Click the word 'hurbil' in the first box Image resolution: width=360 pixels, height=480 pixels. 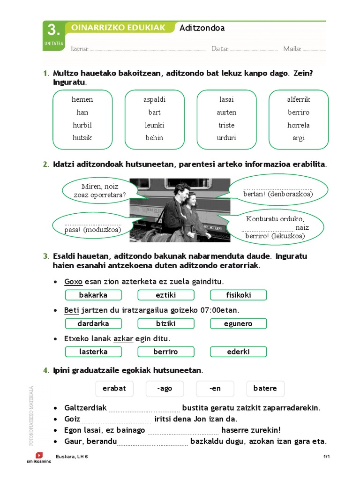tap(82, 125)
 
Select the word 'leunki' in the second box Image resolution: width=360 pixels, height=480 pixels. tap(154, 125)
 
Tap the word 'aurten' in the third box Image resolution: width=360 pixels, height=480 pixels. tap(226, 112)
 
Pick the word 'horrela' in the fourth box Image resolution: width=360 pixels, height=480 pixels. tap(299, 125)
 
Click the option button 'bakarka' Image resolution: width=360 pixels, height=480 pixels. tap(93, 295)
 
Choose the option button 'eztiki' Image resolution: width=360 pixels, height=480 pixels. tap(165, 295)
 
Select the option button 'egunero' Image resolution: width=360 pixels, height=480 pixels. tap(238, 323)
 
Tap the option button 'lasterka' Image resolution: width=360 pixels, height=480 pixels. tap(93, 352)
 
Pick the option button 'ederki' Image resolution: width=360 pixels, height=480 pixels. tap(238, 352)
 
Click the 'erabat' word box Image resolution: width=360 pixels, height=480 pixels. tap(114, 389)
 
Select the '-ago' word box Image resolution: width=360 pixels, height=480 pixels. tap(165, 389)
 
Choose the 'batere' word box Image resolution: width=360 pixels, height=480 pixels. tap(265, 389)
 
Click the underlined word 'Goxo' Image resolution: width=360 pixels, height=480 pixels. tap(73, 282)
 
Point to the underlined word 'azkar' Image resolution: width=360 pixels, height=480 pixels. tap(123, 338)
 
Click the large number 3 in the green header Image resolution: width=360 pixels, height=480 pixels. tap(54, 30)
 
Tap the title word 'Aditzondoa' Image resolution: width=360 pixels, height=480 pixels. tap(202, 28)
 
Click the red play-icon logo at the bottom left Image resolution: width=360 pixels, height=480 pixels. tap(39, 455)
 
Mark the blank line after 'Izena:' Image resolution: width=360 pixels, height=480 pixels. tap(147, 49)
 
